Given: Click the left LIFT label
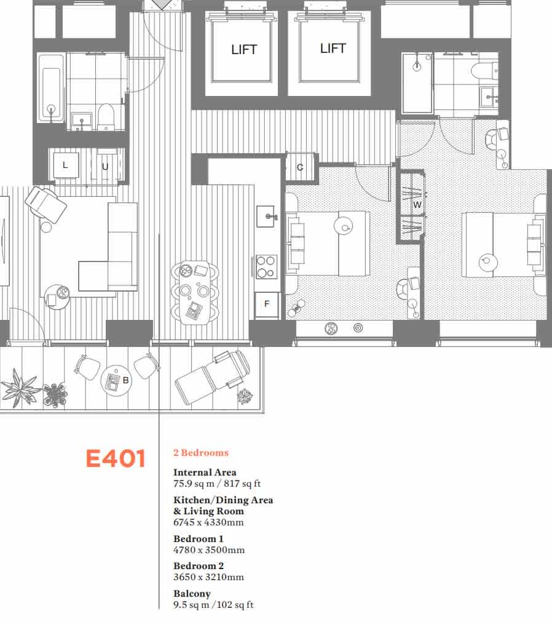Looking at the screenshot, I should (x=244, y=50).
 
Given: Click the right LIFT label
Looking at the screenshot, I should (x=333, y=49).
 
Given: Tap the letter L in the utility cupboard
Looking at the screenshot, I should (x=65, y=165).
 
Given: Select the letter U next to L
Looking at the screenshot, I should (x=105, y=166).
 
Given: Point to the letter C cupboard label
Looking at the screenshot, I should (x=300, y=167).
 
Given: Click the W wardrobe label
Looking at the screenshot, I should (x=417, y=205).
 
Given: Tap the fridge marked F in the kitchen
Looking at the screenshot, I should (x=267, y=304).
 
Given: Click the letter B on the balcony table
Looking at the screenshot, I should (x=125, y=380).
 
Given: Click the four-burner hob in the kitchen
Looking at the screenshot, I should (x=266, y=266).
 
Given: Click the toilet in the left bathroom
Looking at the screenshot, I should (x=106, y=116).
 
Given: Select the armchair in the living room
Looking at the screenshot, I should (x=45, y=204).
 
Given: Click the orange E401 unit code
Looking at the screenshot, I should (x=115, y=459).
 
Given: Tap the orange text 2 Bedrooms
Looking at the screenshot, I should (x=200, y=453).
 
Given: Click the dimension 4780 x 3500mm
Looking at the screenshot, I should (x=208, y=550).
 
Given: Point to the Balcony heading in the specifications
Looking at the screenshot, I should (x=192, y=594).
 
